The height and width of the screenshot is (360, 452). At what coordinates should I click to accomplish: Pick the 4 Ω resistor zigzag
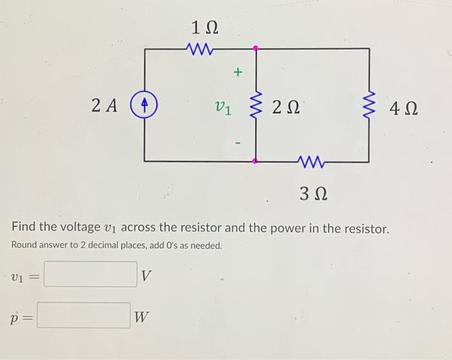tap(370, 105)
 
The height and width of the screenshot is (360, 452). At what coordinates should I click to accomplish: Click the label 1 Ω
tap(205, 27)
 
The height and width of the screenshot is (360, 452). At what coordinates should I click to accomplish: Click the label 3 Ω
tap(313, 192)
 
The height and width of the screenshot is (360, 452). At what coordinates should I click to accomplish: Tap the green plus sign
tap(237, 73)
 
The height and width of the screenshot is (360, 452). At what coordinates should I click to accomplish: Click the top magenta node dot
tap(256, 48)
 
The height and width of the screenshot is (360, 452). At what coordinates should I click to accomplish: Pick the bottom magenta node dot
tap(256, 160)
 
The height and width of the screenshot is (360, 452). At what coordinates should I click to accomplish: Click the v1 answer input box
tap(90, 275)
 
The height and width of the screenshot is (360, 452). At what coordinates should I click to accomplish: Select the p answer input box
tap(84, 315)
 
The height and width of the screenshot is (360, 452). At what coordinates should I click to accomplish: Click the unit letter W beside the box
tap(142, 317)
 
